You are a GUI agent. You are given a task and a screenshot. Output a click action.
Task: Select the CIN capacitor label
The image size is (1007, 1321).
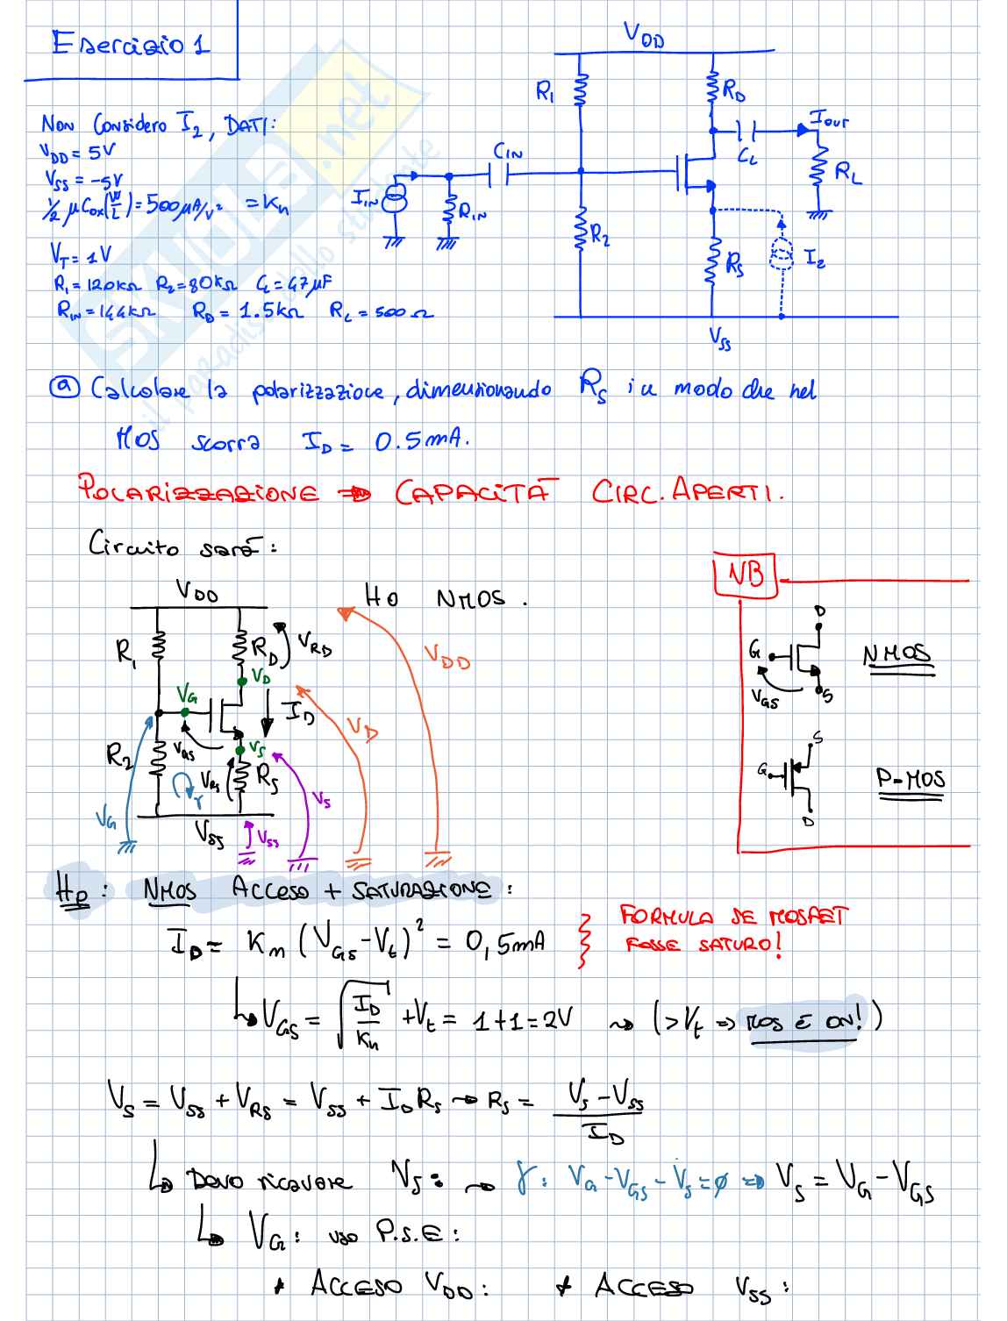click(x=508, y=153)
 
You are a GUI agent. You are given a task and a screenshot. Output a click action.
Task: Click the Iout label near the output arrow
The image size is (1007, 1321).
click(x=829, y=121)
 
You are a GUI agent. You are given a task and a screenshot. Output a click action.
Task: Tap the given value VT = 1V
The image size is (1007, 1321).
click(x=81, y=254)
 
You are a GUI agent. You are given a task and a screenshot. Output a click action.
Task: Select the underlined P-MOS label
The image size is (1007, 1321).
click(x=911, y=779)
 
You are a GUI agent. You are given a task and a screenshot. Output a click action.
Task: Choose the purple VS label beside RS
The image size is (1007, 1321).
click(x=321, y=800)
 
